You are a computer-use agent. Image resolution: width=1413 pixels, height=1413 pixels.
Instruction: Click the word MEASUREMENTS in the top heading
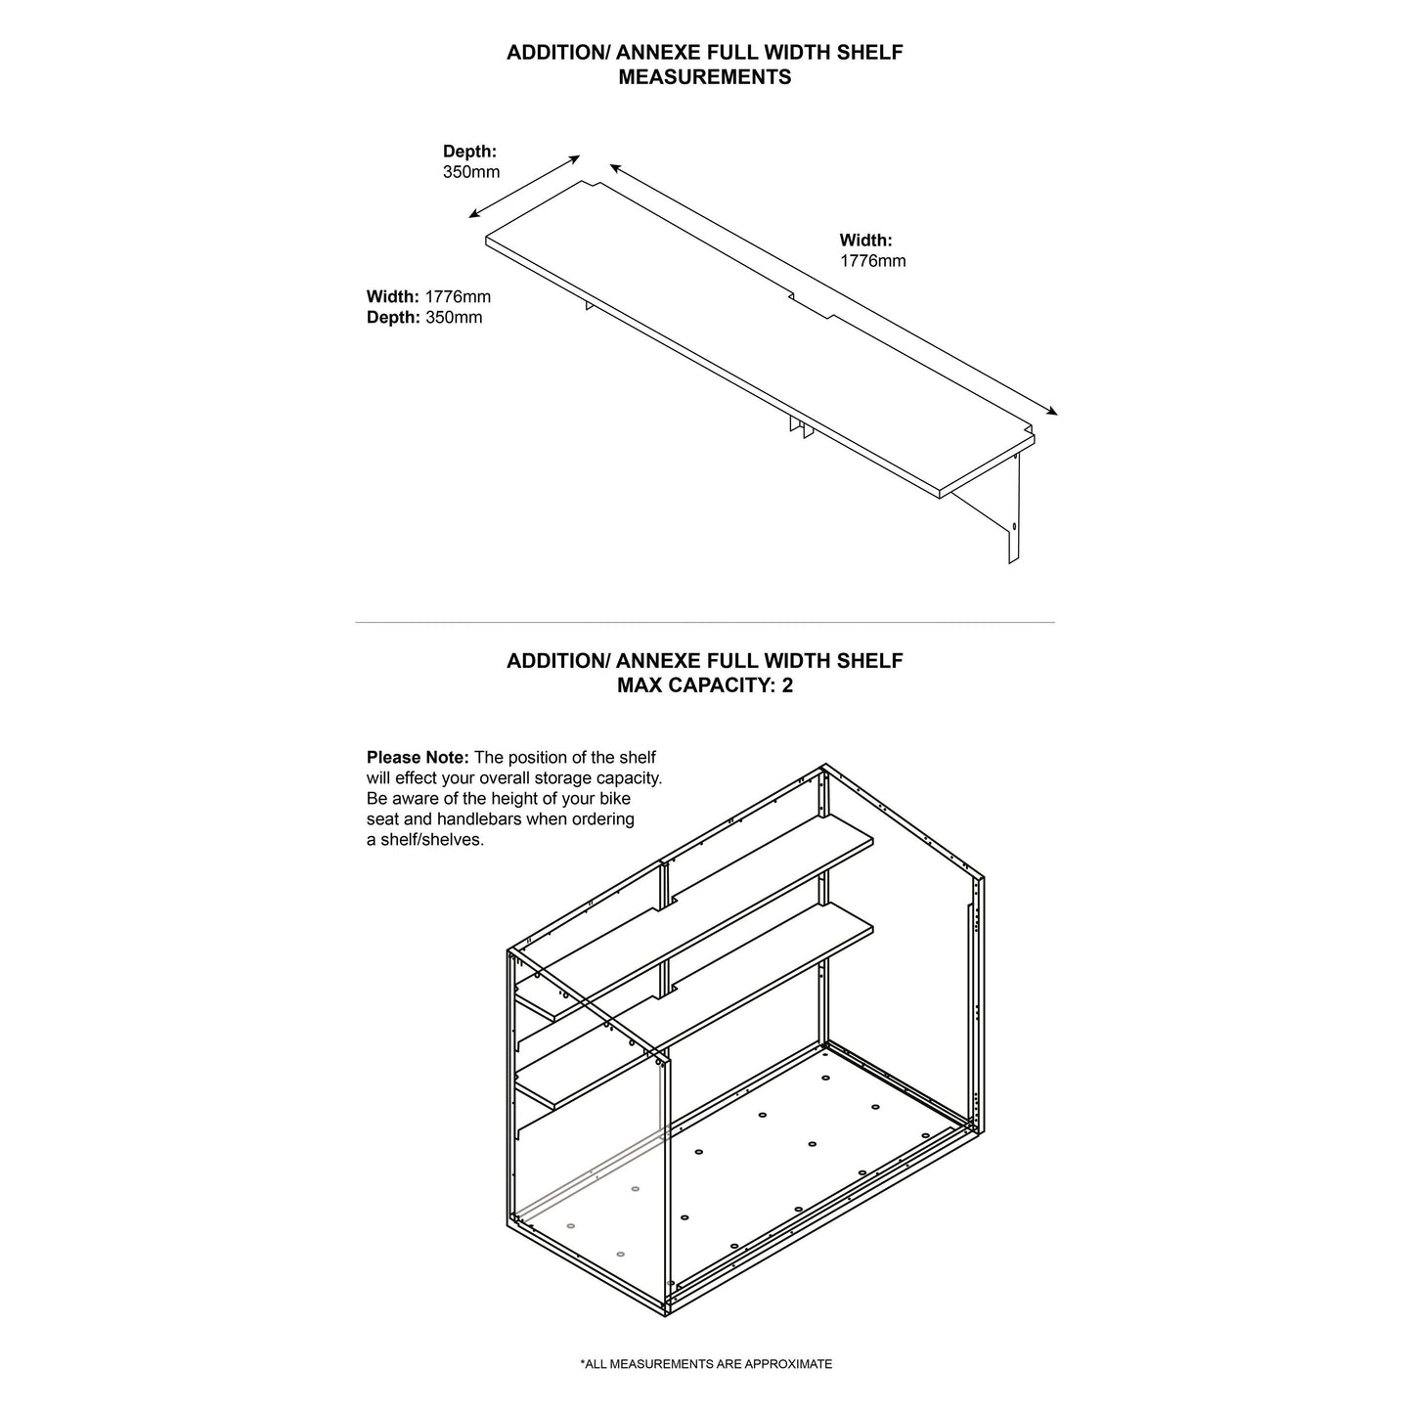[704, 77]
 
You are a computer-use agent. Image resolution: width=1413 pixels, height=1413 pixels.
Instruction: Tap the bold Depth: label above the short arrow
[469, 152]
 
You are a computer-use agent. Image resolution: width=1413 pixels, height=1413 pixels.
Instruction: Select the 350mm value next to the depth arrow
[471, 172]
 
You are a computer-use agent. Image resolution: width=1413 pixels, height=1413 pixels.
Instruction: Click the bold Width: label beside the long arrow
[865, 240]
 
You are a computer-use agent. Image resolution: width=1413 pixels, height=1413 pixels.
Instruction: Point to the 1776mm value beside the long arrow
[872, 261]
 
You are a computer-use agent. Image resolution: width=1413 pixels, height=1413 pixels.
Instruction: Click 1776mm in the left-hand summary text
[458, 296]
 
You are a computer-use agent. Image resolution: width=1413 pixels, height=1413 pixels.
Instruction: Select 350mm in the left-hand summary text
[454, 318]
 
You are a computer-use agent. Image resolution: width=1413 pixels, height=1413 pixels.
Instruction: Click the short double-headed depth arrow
[525, 186]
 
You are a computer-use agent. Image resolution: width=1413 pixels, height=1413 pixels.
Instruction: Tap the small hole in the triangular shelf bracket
[1014, 526]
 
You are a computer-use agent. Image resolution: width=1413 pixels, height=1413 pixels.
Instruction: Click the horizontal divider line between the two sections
[704, 622]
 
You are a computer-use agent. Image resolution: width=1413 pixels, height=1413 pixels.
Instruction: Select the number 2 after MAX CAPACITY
[787, 685]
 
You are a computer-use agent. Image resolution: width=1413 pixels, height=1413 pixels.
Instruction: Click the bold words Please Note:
[418, 758]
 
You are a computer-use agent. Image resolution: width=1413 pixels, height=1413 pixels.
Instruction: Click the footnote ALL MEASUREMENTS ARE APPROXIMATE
[706, 1364]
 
